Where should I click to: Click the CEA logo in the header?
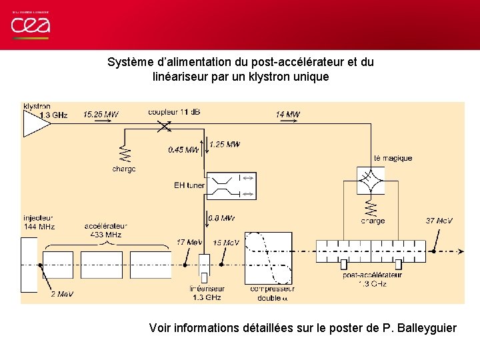point(30,25)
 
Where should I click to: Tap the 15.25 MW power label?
point(101,115)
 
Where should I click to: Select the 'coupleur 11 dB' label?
point(174,111)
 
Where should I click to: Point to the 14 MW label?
point(287,115)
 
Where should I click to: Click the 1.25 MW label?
point(224,144)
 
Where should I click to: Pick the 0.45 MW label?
point(183,150)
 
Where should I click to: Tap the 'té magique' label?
point(393,159)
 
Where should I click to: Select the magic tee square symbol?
point(367,179)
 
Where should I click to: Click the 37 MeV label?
point(439,221)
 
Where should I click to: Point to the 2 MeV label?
point(62,294)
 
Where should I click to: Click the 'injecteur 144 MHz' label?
point(39,222)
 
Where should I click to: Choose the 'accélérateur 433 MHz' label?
point(106,230)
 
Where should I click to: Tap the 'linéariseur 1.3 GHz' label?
point(206,293)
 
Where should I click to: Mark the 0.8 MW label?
point(221,218)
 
